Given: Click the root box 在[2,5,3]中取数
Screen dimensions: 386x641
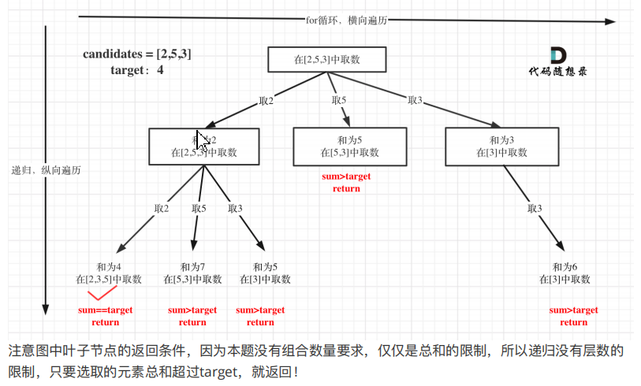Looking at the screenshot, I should coord(326,60).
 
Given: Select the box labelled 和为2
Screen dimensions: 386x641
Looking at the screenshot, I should coord(203,147).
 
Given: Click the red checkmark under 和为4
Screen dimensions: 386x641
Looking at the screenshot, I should coord(100,295).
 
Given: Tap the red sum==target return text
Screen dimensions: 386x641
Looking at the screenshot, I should coord(105,316).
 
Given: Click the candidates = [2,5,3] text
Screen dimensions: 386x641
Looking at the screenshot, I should coord(137,54).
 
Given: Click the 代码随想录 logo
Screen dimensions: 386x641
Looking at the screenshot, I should coord(557,62).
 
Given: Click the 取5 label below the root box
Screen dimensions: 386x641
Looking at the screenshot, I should coord(340,100).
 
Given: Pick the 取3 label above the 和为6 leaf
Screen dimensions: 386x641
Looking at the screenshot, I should coord(535,208).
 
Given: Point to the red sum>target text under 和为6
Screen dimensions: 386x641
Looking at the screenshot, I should coord(573,310).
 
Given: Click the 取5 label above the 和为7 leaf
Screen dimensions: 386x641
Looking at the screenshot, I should coord(198,208).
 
